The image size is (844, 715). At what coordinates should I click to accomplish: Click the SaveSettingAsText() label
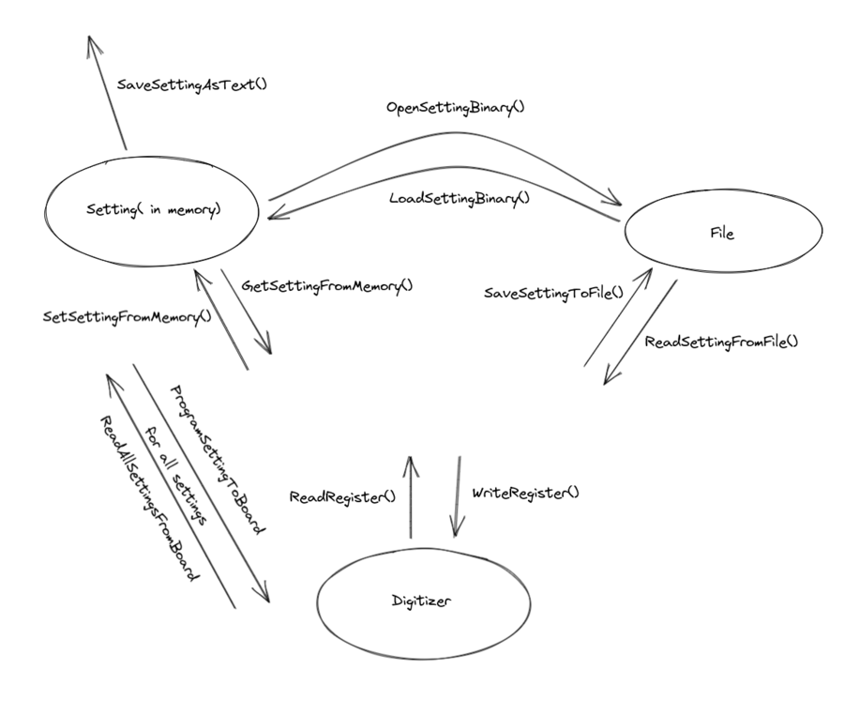tap(192, 84)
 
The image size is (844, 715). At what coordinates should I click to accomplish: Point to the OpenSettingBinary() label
tap(456, 107)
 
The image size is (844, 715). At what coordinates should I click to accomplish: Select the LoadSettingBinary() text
tap(460, 198)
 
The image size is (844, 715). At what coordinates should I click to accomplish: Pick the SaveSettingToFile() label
tap(553, 294)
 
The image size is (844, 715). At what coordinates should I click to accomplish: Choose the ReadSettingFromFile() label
tap(721, 340)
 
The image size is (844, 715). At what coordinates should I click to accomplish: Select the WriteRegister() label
tap(525, 492)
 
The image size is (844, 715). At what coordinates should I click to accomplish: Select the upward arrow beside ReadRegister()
tap(411, 497)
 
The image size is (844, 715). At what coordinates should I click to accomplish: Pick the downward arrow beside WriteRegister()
tap(459, 497)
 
